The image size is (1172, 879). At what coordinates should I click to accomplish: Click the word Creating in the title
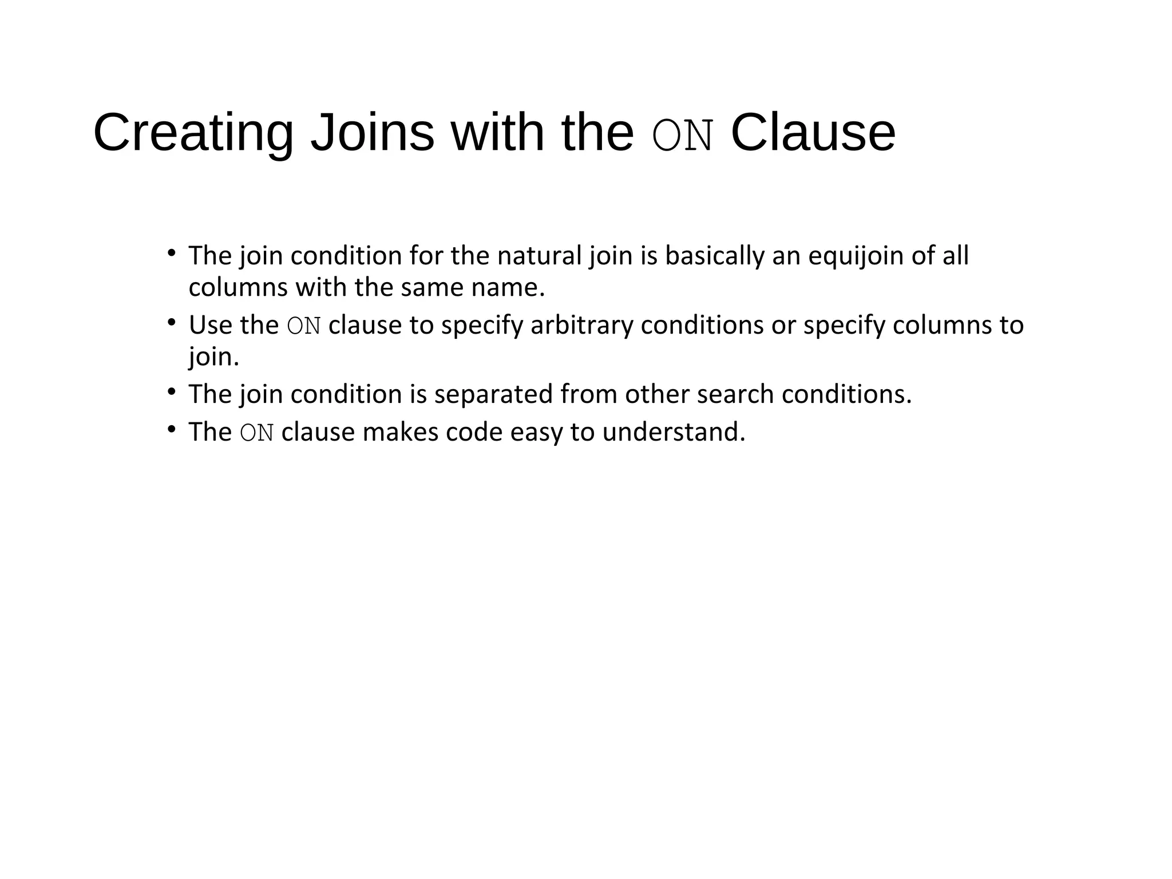pyautogui.click(x=193, y=133)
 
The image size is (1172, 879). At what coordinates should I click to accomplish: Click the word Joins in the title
pyautogui.click(x=372, y=133)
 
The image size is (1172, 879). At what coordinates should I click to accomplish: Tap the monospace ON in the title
pyautogui.click(x=683, y=136)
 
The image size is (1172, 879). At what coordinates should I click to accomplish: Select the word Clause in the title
pyautogui.click(x=813, y=133)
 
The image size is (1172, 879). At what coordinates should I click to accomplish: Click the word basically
pyautogui.click(x=714, y=256)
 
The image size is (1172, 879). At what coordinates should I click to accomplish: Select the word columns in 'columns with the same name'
pyautogui.click(x=238, y=287)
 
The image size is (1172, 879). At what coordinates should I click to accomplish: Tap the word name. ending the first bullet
pyautogui.click(x=508, y=287)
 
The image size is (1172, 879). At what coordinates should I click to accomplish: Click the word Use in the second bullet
pyautogui.click(x=210, y=325)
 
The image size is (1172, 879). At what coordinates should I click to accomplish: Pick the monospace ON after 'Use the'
pyautogui.click(x=304, y=326)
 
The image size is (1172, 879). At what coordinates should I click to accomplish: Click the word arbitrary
pyautogui.click(x=581, y=325)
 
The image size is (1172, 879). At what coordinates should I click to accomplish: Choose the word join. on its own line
pyautogui.click(x=213, y=357)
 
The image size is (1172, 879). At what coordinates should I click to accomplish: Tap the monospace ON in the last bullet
pyautogui.click(x=257, y=433)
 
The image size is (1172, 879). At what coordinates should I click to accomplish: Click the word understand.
pyautogui.click(x=674, y=432)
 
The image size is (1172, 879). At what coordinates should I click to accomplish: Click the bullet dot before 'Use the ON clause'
pyautogui.click(x=171, y=323)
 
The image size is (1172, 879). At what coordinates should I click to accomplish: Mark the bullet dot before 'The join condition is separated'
pyautogui.click(x=171, y=392)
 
